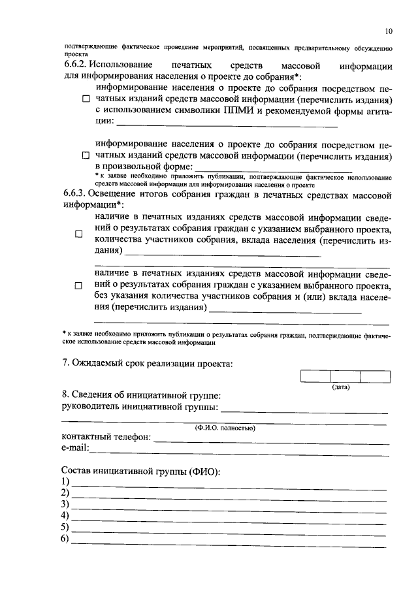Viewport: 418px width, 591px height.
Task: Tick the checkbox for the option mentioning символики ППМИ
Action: [x=86, y=99]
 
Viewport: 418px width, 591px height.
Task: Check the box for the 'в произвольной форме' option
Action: [x=86, y=156]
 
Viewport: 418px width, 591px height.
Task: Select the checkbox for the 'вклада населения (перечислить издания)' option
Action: [x=79, y=233]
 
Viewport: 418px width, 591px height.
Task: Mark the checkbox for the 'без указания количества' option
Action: [x=79, y=286]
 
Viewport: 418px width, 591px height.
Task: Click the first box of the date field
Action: [x=315, y=377]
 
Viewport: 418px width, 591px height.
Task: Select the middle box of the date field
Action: [x=345, y=377]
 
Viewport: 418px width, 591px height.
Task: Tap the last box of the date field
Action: [x=375, y=377]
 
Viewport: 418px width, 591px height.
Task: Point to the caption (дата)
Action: [x=340, y=387]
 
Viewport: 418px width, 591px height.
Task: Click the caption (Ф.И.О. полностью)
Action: [x=224, y=428]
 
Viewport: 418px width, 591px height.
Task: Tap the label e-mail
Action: [x=74, y=448]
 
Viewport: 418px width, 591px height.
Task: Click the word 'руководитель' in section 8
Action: [x=91, y=407]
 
